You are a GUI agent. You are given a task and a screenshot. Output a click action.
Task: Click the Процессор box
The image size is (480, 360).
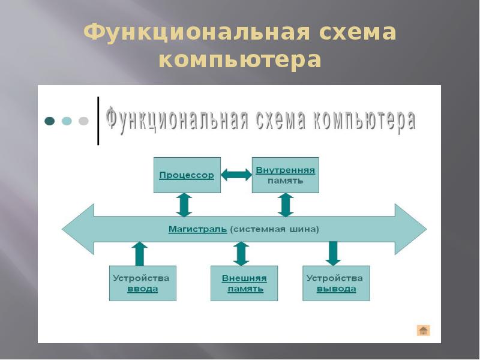click(187, 175)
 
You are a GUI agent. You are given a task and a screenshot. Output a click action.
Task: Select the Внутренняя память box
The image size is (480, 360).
click(285, 175)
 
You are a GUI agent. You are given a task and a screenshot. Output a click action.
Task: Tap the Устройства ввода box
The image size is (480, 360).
click(142, 283)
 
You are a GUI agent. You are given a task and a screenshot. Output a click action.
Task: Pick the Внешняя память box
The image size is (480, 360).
click(244, 283)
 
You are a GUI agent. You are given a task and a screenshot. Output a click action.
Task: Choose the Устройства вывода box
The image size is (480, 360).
click(336, 283)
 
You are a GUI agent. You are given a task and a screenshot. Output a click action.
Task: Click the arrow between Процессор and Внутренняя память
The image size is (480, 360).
click(236, 175)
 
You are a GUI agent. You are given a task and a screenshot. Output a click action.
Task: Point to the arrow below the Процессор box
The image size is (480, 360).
click(184, 205)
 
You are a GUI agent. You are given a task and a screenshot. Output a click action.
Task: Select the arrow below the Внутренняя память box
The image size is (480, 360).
click(286, 205)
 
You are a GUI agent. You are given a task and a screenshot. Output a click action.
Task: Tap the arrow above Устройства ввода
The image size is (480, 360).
click(140, 253)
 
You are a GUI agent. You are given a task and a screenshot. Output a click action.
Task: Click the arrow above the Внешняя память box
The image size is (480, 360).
click(241, 253)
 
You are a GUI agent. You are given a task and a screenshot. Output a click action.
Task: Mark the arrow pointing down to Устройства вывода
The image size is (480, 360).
click(333, 253)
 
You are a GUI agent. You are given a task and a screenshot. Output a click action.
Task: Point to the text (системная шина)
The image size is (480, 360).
click(275, 229)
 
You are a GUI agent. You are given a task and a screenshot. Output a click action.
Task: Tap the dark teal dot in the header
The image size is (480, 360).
click(50, 121)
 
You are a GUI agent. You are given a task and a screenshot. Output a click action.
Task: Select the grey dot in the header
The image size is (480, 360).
click(83, 121)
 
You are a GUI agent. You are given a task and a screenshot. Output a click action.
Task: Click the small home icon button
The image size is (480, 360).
click(424, 330)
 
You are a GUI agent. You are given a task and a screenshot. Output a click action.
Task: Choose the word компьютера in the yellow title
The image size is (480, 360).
click(240, 60)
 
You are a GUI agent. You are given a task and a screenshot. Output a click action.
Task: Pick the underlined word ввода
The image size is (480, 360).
click(142, 289)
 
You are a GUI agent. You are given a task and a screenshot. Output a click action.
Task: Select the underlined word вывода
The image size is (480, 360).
click(336, 289)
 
